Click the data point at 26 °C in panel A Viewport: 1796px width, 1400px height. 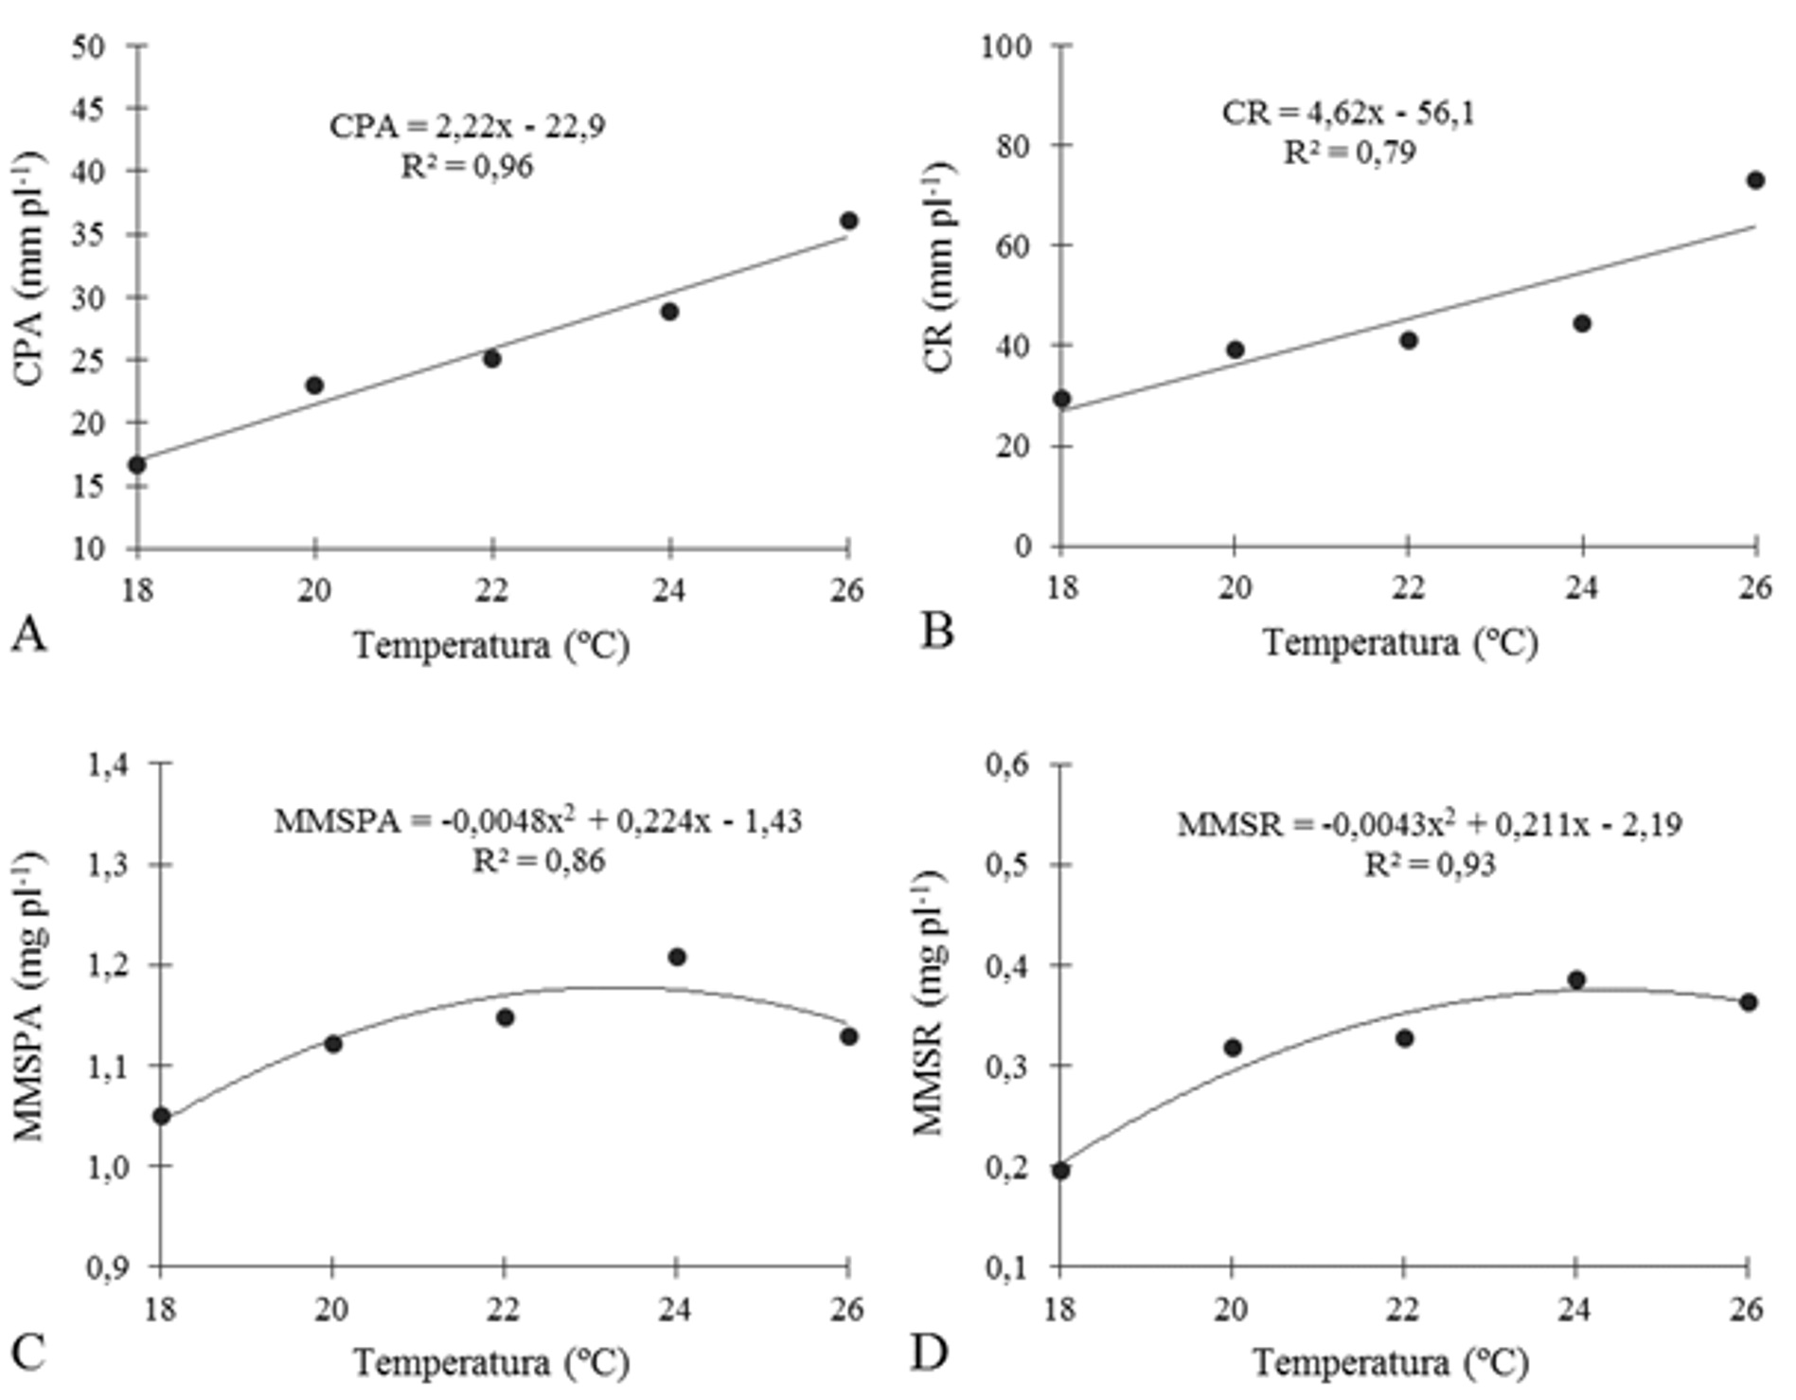pos(848,221)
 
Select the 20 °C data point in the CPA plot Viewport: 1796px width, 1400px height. pos(315,386)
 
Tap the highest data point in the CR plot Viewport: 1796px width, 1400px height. pos(1755,181)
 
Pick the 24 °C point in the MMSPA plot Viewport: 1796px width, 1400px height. pos(676,957)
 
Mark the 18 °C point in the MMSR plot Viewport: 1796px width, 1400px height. pos(1061,1171)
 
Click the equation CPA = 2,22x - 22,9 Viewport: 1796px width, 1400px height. pos(468,126)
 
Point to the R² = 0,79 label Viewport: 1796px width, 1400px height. pos(1349,152)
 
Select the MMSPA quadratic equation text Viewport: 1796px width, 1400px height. pos(538,820)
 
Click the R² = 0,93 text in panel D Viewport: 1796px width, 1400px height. pos(1430,865)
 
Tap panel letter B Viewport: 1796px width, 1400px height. pos(936,631)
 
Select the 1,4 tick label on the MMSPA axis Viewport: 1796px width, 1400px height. pos(110,763)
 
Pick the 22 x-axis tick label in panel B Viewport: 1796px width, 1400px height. pos(1408,588)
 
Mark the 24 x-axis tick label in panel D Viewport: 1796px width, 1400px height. pos(1575,1309)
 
